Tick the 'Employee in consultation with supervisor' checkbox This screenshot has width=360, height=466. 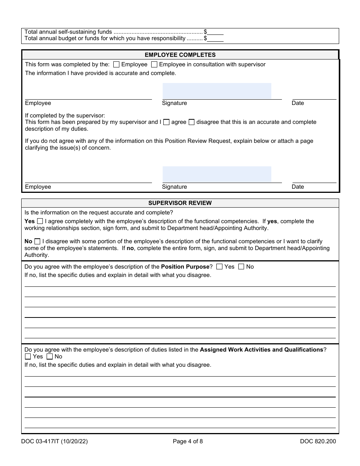coord(154,64)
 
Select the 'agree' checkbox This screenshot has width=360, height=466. coord(166,122)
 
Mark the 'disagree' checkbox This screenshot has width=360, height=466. coord(191,122)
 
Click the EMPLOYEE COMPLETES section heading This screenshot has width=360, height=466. coord(180,55)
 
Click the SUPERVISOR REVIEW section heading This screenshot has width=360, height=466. coord(180,203)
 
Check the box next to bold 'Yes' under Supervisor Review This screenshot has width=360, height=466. coord(40,221)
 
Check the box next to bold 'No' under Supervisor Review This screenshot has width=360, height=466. coord(37,241)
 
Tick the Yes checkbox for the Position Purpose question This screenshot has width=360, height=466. coord(219,267)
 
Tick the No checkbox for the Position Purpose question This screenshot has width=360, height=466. coord(241,267)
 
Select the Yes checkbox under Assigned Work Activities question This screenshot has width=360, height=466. coord(28,357)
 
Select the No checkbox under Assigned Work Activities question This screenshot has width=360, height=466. coord(50,357)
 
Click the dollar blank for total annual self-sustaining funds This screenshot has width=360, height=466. coord(215,32)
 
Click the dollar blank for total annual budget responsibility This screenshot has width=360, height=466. coord(215,38)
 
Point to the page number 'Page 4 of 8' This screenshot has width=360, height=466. coord(188,441)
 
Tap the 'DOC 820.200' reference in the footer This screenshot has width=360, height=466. coord(318,441)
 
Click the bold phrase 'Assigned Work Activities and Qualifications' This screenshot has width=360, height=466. coord(261,350)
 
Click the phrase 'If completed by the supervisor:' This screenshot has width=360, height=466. coord(65,116)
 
